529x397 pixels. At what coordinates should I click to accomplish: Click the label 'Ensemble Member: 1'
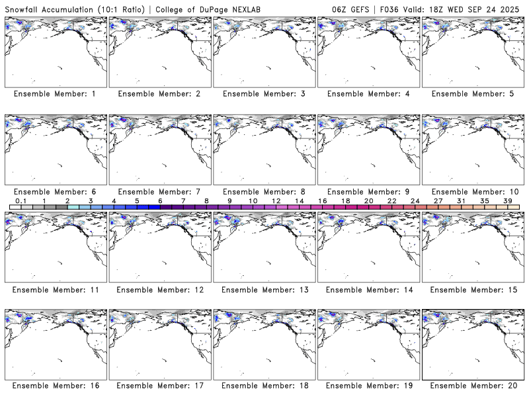click(x=55, y=94)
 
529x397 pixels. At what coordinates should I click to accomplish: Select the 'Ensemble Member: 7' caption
click(x=159, y=192)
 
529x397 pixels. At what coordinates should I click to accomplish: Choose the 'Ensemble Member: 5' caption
click(x=471, y=94)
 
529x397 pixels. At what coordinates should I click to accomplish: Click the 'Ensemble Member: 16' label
click(x=55, y=386)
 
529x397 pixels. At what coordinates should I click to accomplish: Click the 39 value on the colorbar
click(x=508, y=200)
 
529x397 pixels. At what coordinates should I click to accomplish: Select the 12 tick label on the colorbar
click(x=276, y=200)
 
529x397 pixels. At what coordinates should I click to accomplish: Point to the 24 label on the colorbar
click(x=415, y=200)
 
